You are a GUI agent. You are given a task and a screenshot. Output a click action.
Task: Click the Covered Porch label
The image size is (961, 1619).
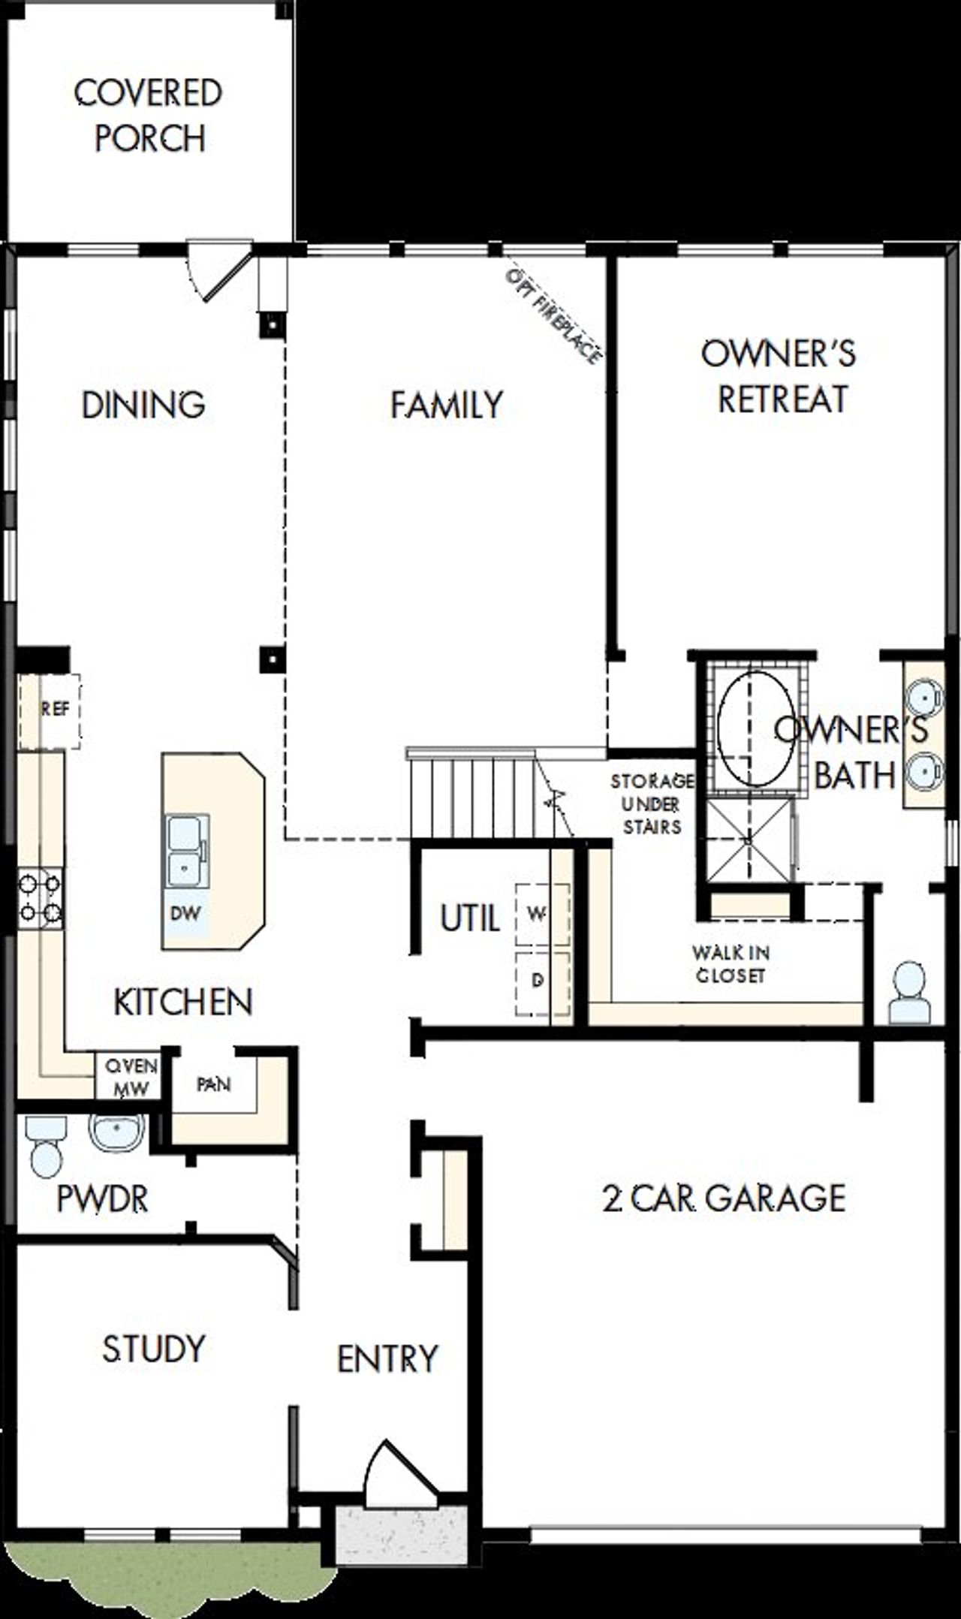point(148,115)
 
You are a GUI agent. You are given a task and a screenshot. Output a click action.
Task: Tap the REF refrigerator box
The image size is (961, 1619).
point(50,710)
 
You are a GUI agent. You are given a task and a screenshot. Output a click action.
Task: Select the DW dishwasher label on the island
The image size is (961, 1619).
point(185,913)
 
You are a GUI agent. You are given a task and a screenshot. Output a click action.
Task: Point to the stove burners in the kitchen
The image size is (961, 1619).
point(41,898)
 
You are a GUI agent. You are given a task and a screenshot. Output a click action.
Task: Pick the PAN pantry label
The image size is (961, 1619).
point(213,1084)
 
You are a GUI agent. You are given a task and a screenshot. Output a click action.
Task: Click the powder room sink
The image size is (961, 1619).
point(117,1132)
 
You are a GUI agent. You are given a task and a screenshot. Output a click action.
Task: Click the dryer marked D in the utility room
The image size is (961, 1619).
point(539,980)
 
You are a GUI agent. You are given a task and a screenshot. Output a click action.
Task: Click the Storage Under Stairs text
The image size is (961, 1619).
point(651,804)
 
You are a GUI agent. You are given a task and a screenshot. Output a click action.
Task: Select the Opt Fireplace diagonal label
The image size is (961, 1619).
point(554,315)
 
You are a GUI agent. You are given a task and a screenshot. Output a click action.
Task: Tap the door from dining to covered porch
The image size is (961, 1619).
point(218,269)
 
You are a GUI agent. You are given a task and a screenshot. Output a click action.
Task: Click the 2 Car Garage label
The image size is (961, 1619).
point(724,1198)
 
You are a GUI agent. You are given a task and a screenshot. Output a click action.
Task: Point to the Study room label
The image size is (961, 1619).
point(153,1349)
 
